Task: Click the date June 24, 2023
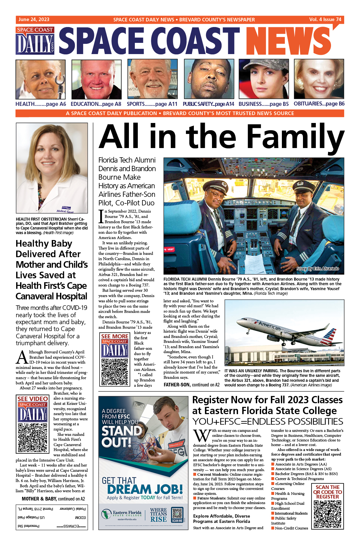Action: [34, 19]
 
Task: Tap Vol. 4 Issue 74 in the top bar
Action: [325, 19]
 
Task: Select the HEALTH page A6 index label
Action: [41, 104]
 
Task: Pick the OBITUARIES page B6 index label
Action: [319, 104]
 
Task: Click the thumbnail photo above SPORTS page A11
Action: [152, 79]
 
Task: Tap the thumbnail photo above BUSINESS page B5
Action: [263, 79]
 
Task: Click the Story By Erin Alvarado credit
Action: [317, 269]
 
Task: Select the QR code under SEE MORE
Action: [115, 372]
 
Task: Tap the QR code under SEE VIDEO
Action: [33, 438]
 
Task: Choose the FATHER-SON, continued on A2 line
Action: [192, 385]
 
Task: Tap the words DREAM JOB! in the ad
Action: [145, 489]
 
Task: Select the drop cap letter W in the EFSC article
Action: [201, 436]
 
